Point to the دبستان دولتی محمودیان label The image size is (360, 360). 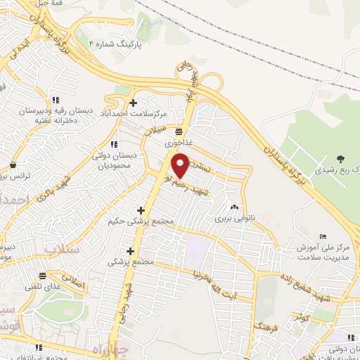tap(113, 161)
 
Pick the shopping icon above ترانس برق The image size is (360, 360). tap(13, 165)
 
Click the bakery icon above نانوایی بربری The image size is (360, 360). tap(234, 207)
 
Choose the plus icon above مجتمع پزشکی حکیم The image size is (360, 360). tap(141, 210)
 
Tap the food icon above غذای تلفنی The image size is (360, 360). tap(43, 274)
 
